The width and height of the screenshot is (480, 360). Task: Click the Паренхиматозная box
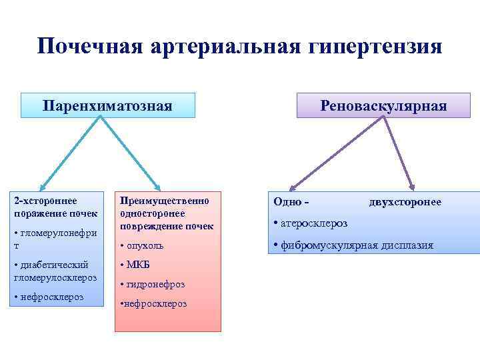[107, 106]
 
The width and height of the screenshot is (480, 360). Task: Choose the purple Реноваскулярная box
[383, 106]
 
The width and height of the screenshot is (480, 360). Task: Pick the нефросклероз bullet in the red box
[154, 303]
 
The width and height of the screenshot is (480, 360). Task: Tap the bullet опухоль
[144, 245]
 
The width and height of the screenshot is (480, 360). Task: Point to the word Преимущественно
[164, 201]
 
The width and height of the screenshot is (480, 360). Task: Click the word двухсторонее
[405, 201]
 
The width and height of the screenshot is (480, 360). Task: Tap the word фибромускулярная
[331, 245]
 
